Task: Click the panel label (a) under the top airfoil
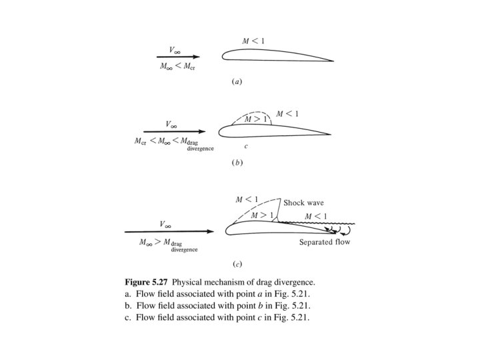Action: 236,82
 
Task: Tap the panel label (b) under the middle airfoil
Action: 236,162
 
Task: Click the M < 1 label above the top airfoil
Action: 253,42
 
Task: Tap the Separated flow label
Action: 324,243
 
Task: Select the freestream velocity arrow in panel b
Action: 173,131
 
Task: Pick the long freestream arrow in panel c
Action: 169,232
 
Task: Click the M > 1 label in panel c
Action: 263,215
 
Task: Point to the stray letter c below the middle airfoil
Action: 245,146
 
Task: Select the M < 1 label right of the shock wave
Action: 315,216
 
